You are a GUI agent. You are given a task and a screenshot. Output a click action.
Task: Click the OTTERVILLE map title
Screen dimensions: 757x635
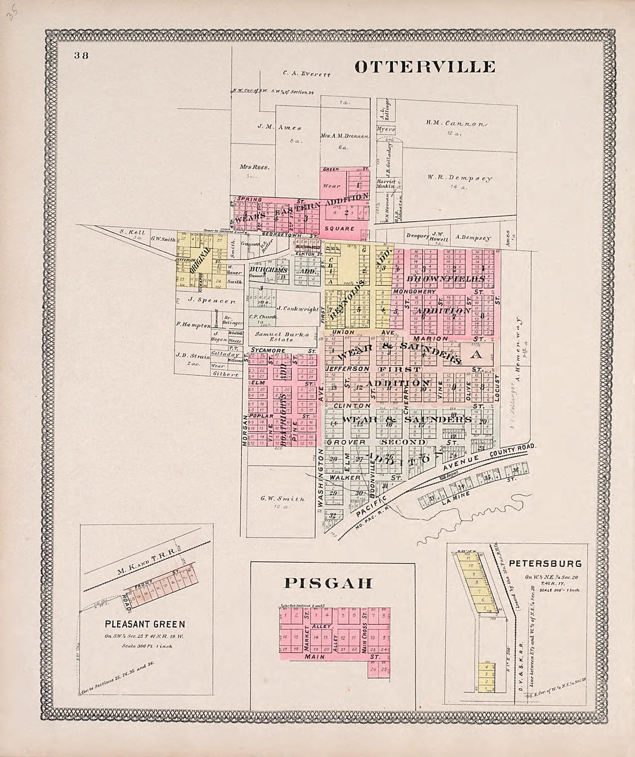(x=424, y=66)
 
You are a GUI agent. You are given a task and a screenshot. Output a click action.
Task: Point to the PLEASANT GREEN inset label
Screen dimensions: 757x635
(x=145, y=624)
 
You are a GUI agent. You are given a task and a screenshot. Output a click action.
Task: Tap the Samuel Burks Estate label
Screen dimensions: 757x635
(x=287, y=335)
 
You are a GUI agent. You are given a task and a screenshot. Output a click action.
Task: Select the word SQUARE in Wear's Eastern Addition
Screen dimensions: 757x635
(x=345, y=228)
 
